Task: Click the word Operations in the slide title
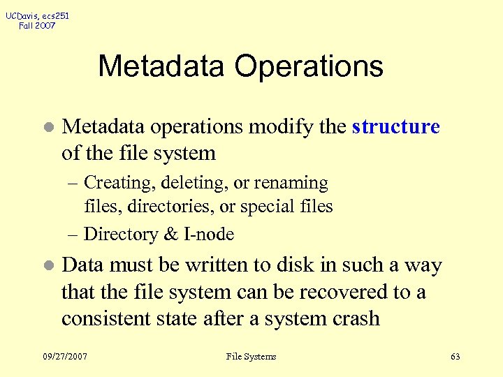(309, 67)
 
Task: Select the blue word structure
(396, 127)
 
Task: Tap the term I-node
(208, 235)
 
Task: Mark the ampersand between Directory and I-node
(171, 235)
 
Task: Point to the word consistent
(105, 318)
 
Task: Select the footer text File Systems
(251, 357)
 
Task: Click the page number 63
(455, 357)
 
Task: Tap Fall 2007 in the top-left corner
(37, 26)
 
